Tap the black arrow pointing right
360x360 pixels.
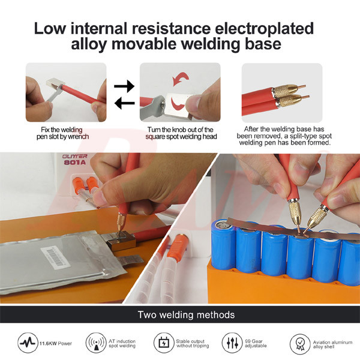coord(124,86)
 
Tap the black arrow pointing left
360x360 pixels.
coord(124,103)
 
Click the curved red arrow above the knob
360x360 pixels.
coord(181,79)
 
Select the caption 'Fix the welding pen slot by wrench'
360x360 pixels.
coord(62,133)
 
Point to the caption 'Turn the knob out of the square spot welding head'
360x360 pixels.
coord(181,133)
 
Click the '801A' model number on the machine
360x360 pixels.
coord(75,163)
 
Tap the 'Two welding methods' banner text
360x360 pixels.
coord(186,315)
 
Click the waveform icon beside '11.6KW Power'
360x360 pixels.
coord(28,343)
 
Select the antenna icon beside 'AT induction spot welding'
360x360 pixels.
coord(96,343)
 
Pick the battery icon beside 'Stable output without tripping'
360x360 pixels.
coord(164,343)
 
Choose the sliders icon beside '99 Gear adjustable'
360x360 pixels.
coord(232,343)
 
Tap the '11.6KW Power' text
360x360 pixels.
coord(55,343)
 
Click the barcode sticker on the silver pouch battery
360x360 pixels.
coord(55,257)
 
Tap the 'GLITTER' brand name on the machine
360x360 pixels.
coord(75,157)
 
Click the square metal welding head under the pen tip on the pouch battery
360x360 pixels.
coord(121,241)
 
